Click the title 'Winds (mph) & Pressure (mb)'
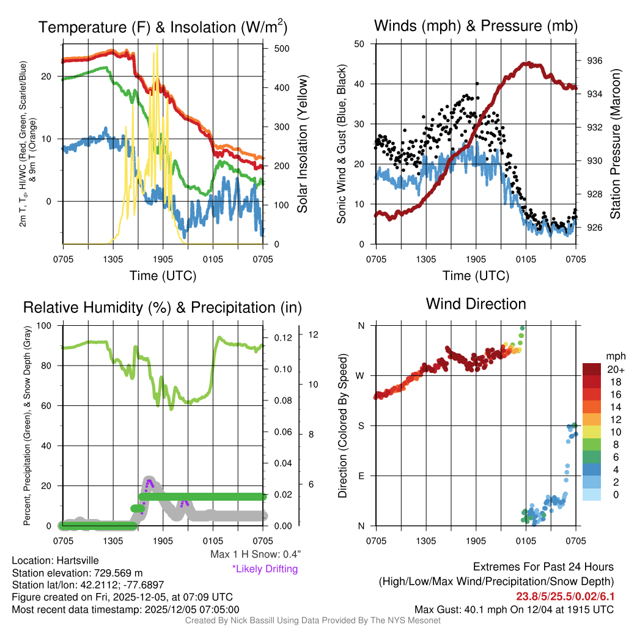(476, 26)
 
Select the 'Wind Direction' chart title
(476, 303)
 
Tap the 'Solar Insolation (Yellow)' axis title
(303, 144)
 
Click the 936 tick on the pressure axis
(594, 61)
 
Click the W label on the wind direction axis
(361, 375)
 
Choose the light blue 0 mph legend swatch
(594, 495)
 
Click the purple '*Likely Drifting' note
(265, 569)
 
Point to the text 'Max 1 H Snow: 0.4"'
(254, 554)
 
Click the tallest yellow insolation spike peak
(157, 45)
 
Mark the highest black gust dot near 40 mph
(476, 84)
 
